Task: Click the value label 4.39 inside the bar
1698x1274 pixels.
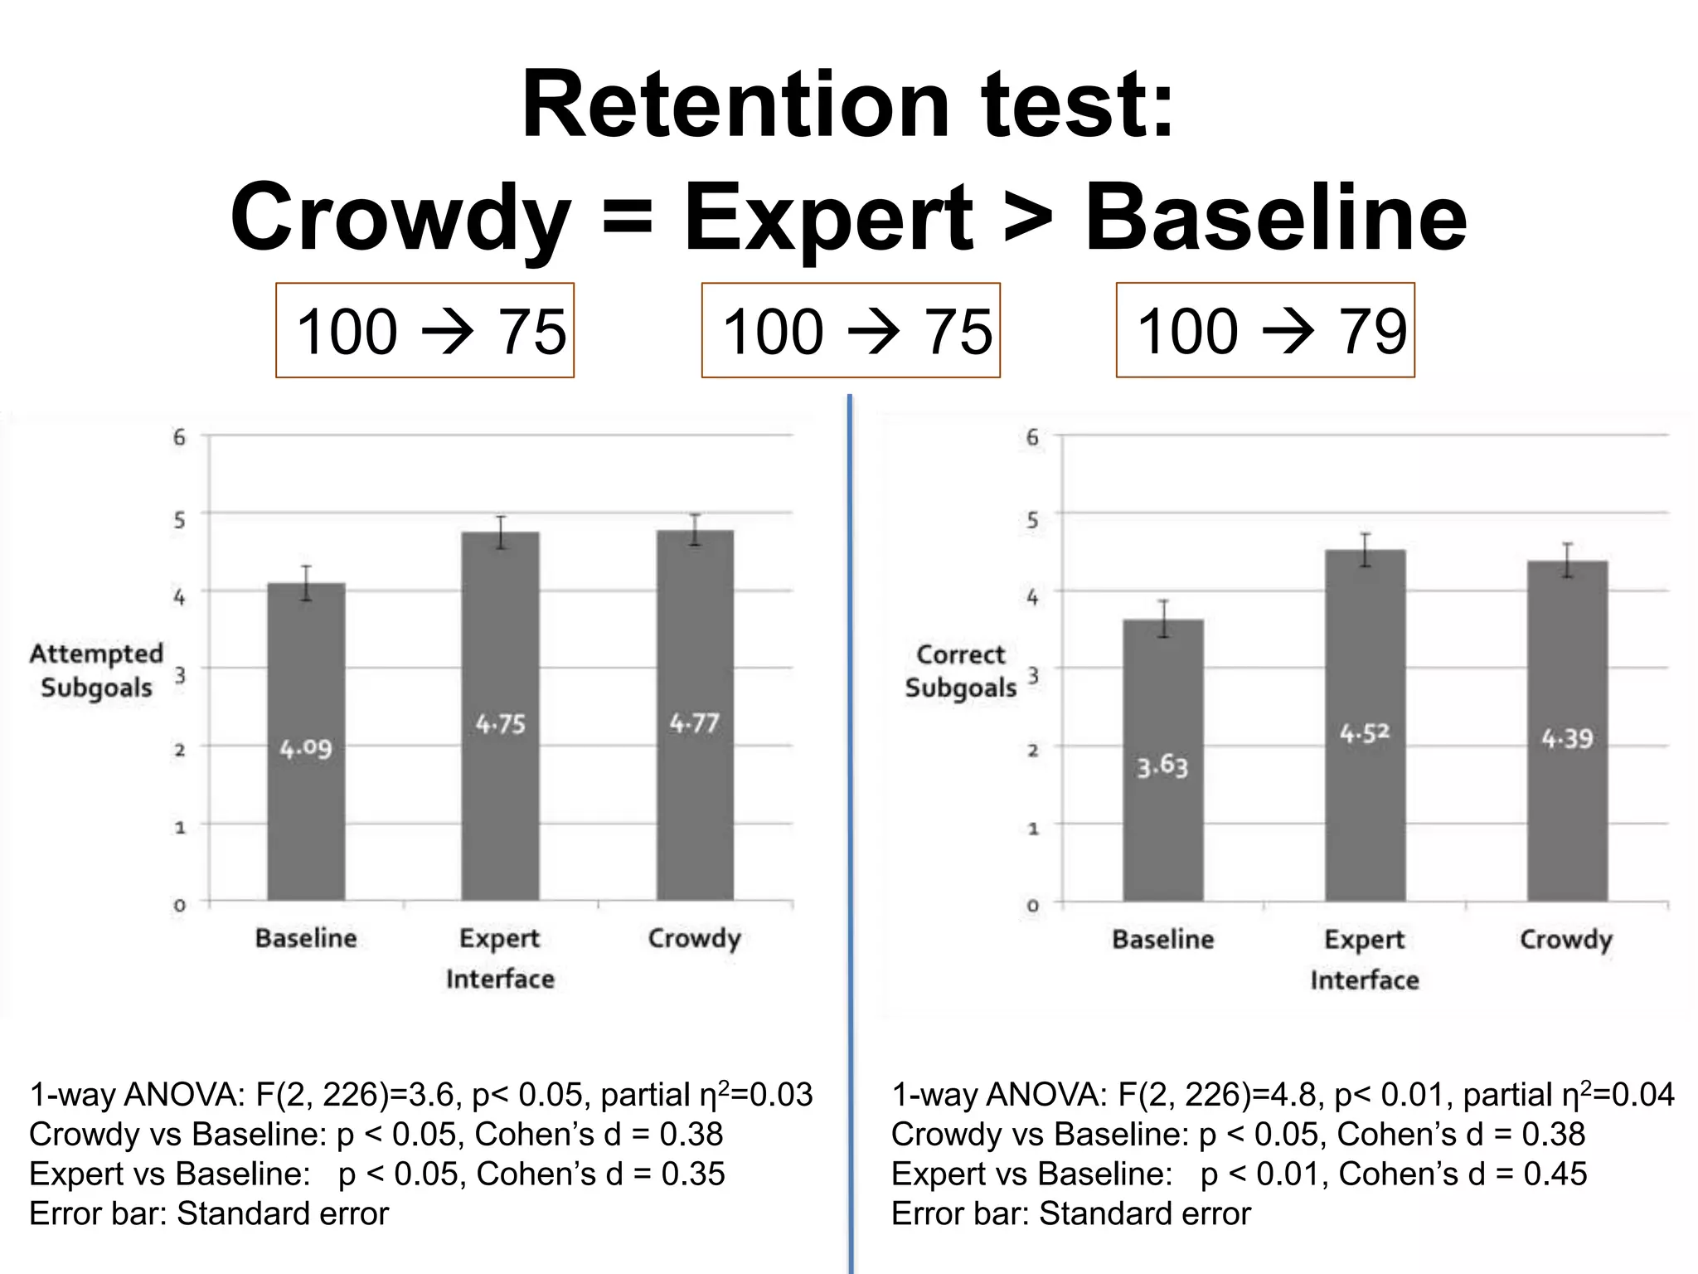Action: point(1567,738)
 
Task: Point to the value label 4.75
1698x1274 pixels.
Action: point(500,724)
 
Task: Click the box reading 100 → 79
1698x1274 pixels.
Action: point(1265,330)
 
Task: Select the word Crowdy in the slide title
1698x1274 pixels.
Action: point(400,217)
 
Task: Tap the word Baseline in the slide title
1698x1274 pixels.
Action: point(1276,217)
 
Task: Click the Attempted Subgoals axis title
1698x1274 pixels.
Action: point(96,670)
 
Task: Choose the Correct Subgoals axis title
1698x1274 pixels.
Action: point(960,671)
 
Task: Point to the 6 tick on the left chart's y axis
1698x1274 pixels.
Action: point(179,437)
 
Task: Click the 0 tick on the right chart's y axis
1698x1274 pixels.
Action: point(1032,905)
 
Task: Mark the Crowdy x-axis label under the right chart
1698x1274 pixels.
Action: point(1565,939)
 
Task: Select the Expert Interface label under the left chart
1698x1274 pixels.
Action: point(500,958)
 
